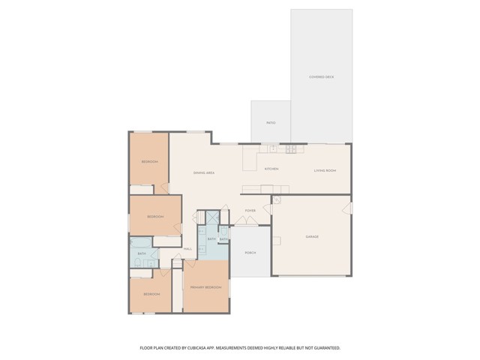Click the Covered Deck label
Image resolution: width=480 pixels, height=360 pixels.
point(321,77)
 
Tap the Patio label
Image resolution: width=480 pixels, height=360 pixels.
point(271,122)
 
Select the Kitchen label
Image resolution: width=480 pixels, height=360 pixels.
point(271,169)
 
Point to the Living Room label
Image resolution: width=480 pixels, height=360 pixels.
point(325,171)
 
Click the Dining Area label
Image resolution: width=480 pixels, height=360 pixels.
point(204,173)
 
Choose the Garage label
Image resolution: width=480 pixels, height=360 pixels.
point(312,237)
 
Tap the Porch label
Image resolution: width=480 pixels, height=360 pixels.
point(250,253)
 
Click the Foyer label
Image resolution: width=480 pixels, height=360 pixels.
point(250,211)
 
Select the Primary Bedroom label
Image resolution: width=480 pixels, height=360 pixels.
point(205,287)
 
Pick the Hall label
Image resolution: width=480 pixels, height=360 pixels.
point(187,248)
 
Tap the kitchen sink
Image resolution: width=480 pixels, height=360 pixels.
point(272,149)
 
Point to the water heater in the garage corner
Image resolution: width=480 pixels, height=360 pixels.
point(276,200)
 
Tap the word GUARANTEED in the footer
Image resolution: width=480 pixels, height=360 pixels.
point(324,348)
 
